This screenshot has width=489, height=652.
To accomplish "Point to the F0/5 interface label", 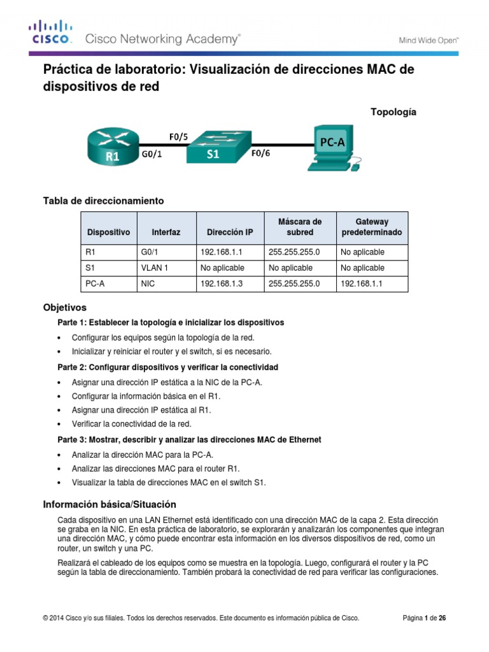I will (x=178, y=135).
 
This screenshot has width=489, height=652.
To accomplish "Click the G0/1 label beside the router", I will (x=151, y=153).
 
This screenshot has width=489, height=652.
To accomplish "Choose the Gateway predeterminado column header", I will (x=372, y=227).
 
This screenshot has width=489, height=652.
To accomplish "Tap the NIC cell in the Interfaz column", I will (x=148, y=284).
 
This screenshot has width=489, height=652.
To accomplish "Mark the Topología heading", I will (x=393, y=111).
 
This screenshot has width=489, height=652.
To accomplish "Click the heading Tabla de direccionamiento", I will (x=103, y=201).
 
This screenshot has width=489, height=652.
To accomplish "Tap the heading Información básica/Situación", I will (x=109, y=504).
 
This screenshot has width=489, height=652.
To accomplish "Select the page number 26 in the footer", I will (x=450, y=618).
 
